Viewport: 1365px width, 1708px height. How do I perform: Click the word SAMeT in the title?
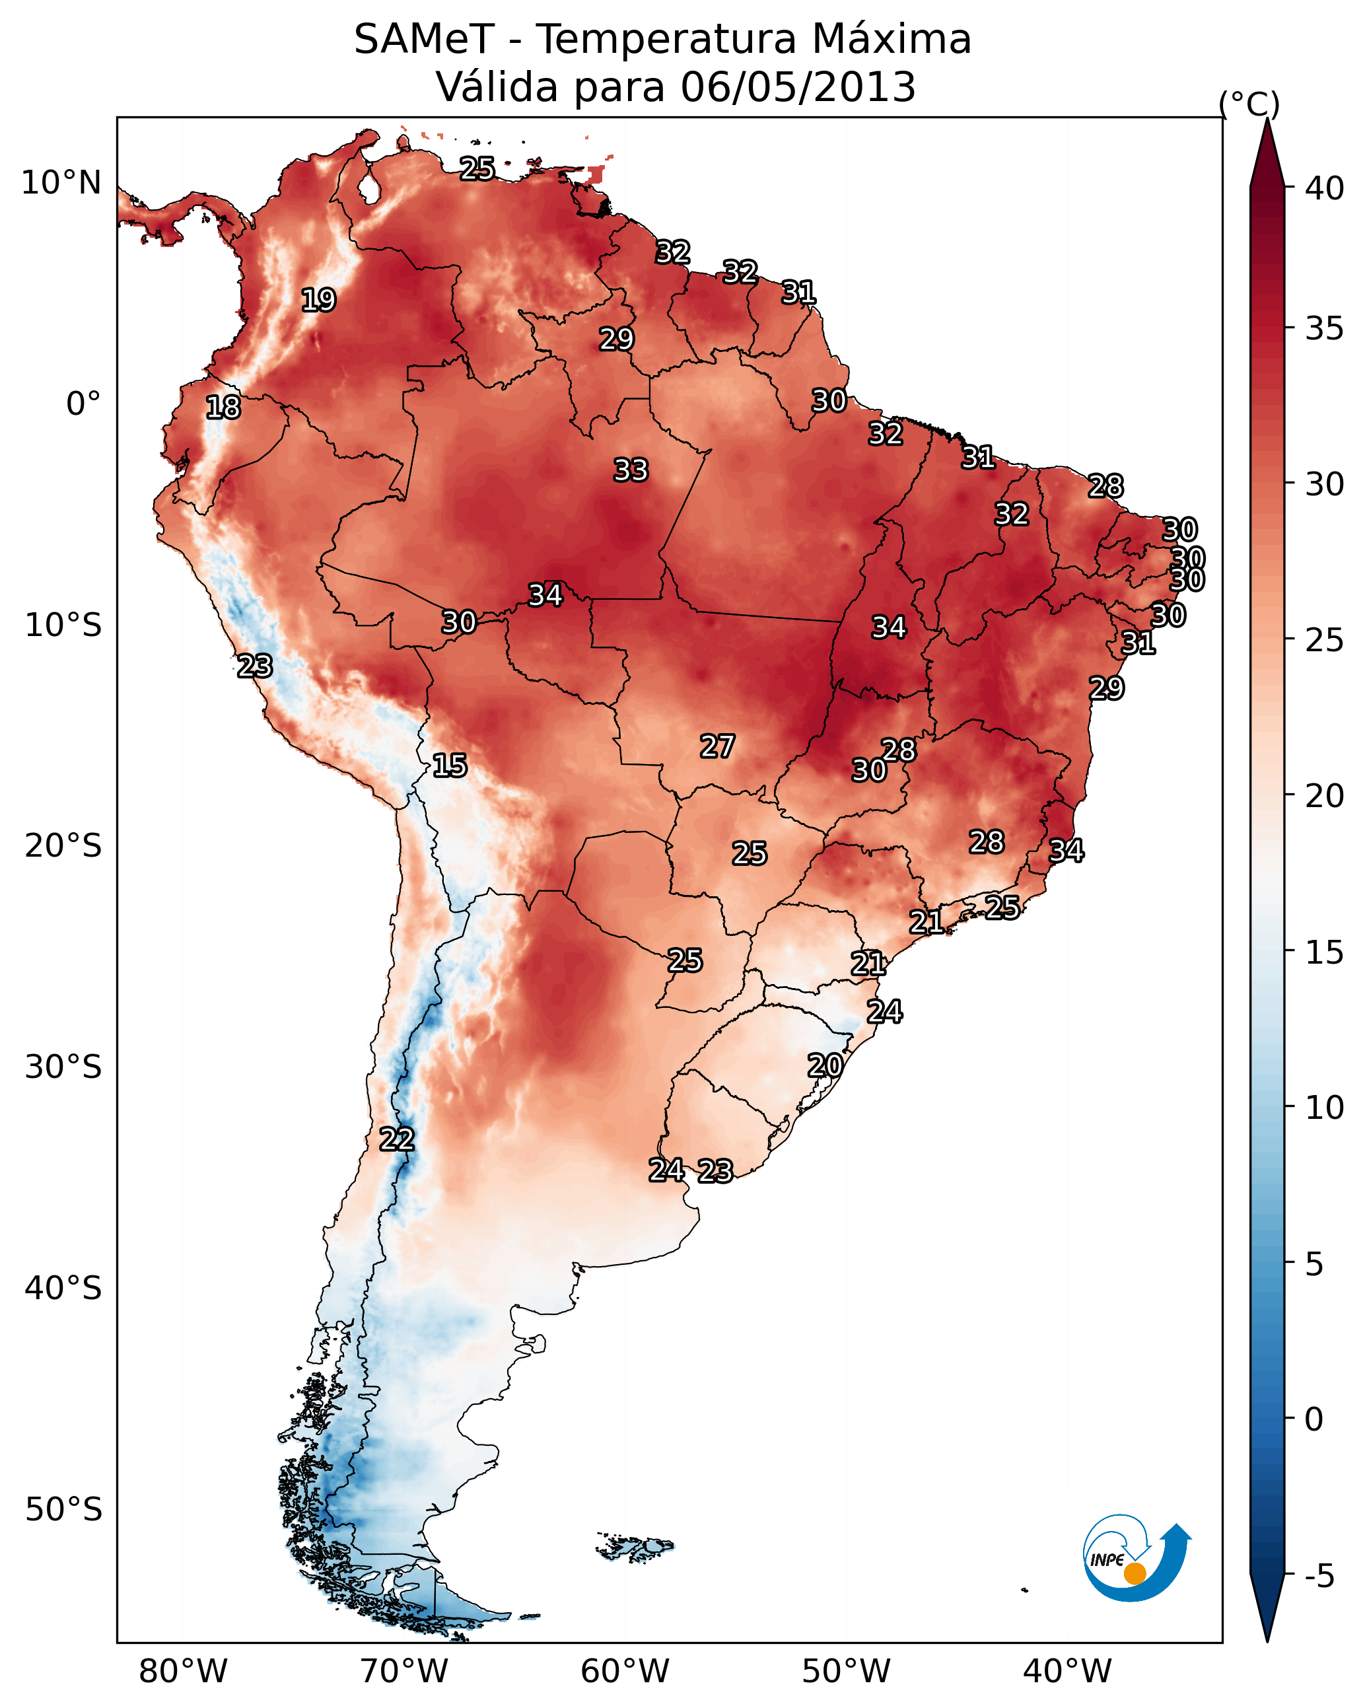pyautogui.click(x=424, y=40)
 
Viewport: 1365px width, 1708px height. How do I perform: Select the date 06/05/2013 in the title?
pyautogui.click(x=798, y=87)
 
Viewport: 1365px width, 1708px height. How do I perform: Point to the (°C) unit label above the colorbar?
pyautogui.click(x=1249, y=104)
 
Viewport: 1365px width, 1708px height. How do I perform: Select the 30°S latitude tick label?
pyautogui.click(x=63, y=1067)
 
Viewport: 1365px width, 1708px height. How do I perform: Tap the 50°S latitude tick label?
pyautogui.click(x=63, y=1510)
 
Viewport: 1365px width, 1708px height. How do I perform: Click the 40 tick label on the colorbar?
pyautogui.click(x=1325, y=188)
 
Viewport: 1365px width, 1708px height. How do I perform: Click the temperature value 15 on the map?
pyautogui.click(x=449, y=765)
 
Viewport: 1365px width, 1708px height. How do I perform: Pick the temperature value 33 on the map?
pyautogui.click(x=631, y=470)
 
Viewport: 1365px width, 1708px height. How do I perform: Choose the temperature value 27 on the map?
pyautogui.click(x=717, y=746)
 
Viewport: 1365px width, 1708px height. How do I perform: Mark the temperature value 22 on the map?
pyautogui.click(x=396, y=1139)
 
